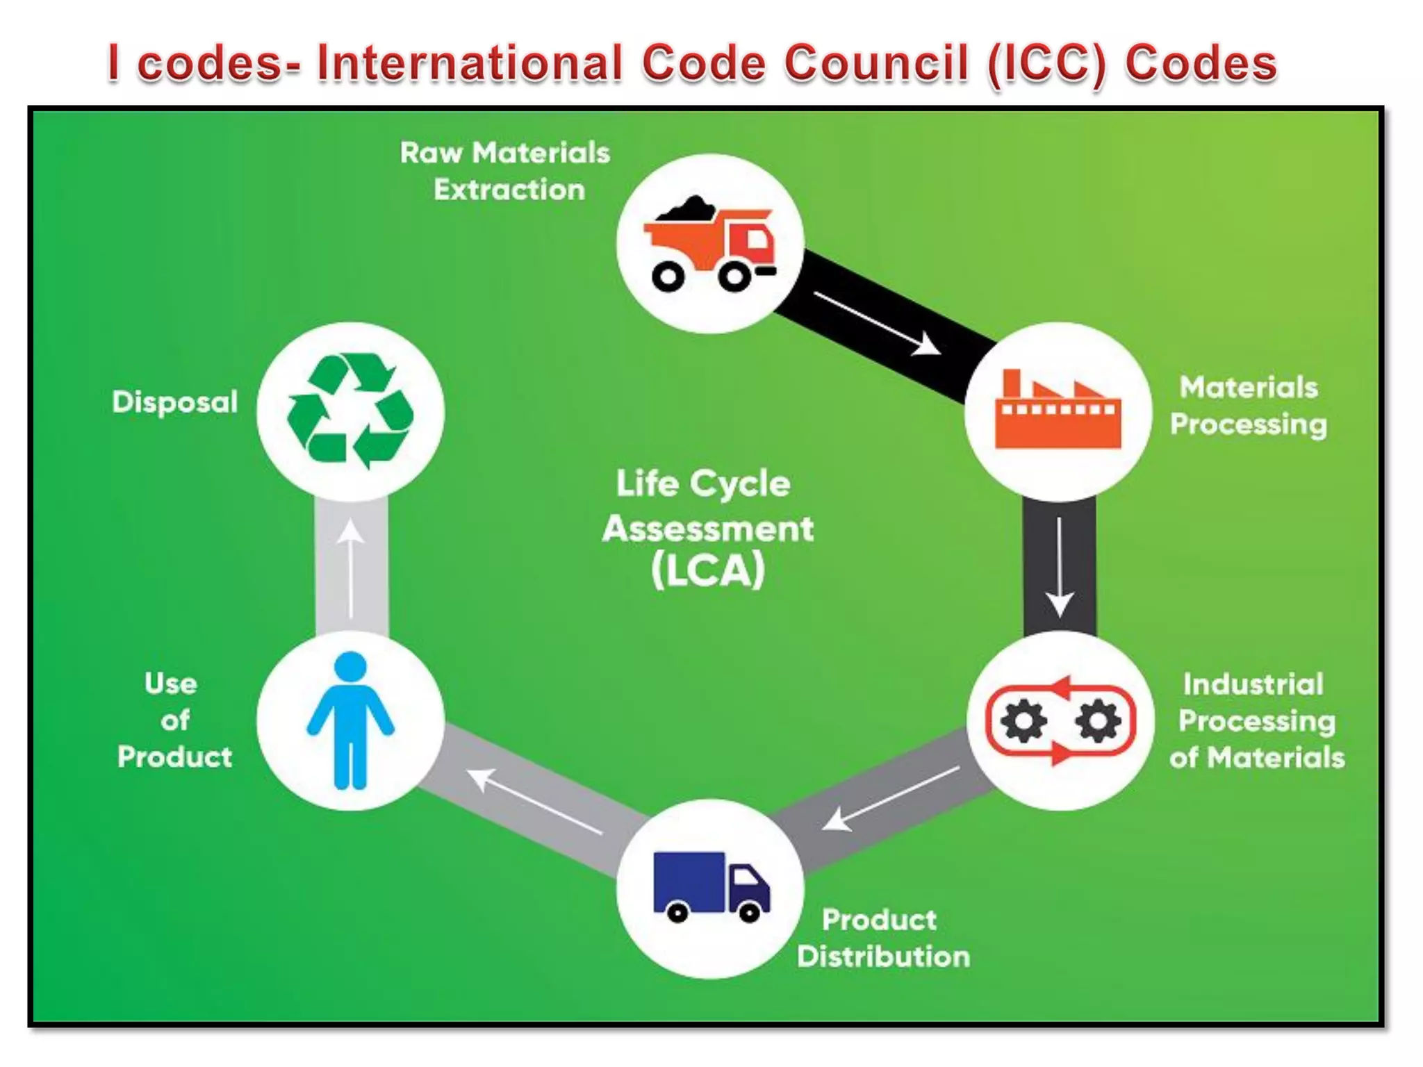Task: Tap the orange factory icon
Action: [1058, 411]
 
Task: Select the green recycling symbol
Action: [350, 411]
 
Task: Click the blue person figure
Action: [351, 720]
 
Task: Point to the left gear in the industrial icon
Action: [1023, 721]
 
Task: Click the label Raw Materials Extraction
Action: [506, 171]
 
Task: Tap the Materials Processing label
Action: [1249, 406]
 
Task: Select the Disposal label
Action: [175, 402]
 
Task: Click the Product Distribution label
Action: [882, 938]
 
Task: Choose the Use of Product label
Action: [174, 720]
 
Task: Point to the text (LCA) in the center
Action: [708, 571]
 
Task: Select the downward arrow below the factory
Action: [1059, 566]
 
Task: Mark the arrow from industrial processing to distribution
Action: [889, 799]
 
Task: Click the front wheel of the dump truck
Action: [734, 277]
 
